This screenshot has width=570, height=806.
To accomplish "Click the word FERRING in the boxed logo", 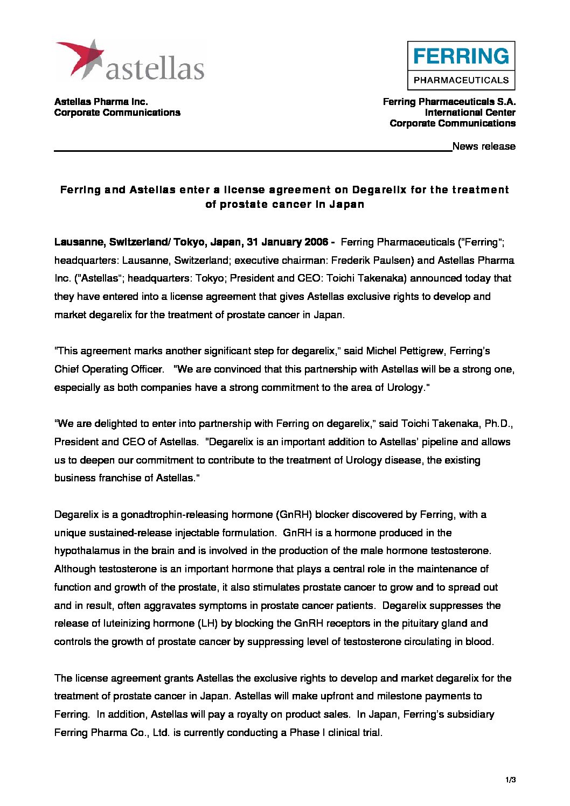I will (461, 56).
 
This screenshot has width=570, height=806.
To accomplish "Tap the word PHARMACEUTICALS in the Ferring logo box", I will (461, 80).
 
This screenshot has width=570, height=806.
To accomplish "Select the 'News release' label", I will (484, 146).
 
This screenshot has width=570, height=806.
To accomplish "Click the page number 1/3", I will (511, 780).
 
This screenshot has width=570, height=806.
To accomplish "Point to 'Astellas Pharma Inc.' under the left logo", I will (101, 102).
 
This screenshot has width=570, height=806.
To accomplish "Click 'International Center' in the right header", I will (470, 113).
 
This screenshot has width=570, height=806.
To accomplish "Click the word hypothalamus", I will (88, 551).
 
